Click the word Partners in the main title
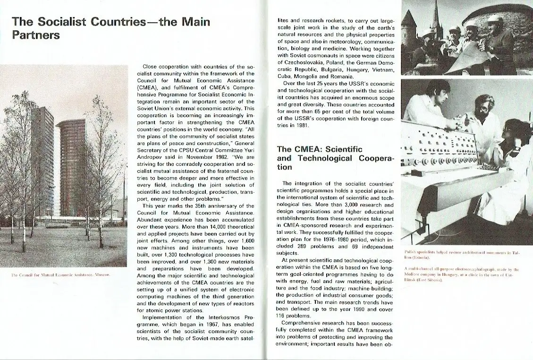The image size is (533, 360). click(x=36, y=35)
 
